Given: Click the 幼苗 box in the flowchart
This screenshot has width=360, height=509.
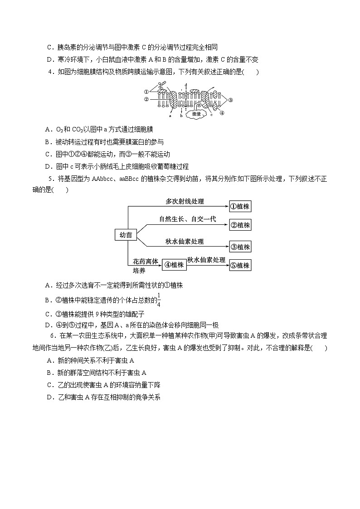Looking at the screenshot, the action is (x=126, y=235).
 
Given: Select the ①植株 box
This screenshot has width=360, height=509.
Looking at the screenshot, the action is (x=240, y=207).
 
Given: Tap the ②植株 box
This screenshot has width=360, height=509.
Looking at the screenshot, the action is (x=240, y=225).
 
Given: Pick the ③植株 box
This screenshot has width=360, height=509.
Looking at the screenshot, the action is (x=240, y=247).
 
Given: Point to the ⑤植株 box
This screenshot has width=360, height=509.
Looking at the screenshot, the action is (x=240, y=265).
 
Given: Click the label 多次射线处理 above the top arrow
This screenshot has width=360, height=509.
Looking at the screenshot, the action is (x=185, y=201).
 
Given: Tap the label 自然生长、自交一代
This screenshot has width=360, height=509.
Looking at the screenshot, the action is (x=187, y=219).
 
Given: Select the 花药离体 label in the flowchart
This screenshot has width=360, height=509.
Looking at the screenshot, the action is (x=146, y=262).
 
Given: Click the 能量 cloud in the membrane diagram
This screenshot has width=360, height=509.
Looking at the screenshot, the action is (x=196, y=114).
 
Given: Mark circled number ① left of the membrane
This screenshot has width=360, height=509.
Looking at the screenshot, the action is (x=146, y=91).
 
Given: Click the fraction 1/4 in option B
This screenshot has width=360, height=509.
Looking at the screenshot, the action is (x=160, y=300).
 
